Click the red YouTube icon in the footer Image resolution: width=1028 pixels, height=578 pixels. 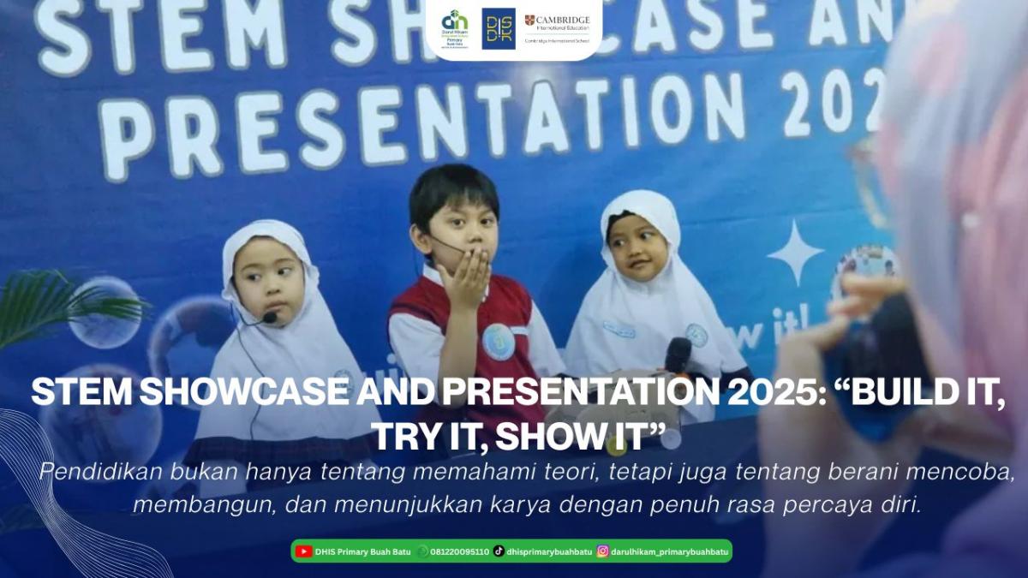point(303,551)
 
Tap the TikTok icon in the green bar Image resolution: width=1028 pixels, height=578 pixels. point(499,551)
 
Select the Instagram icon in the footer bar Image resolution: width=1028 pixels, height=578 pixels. point(603,551)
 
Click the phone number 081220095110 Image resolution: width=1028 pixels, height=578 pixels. point(459,551)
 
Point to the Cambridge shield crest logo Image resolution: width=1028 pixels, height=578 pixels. point(530,20)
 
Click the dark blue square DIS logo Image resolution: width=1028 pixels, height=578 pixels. point(499,28)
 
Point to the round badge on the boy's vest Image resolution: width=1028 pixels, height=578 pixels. point(498,341)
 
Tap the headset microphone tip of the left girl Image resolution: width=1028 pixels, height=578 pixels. point(270,317)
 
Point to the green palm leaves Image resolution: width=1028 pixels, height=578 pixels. point(34,304)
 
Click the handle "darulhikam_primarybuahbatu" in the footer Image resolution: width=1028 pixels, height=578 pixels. point(669,551)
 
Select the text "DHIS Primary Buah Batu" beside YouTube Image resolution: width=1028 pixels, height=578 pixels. point(363,551)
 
